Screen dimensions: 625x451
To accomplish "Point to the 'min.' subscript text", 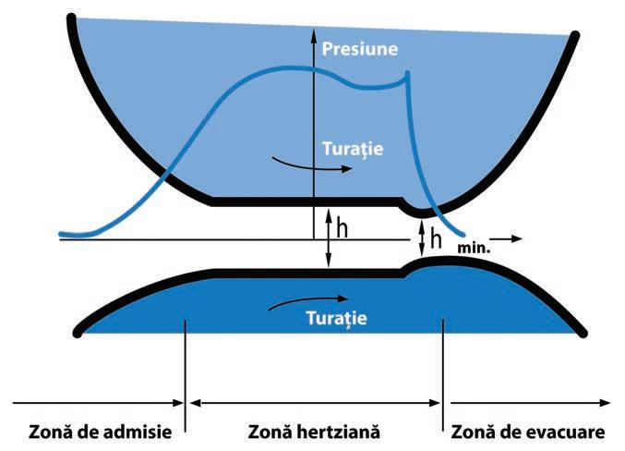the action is [473, 249].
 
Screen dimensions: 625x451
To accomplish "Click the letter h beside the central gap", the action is [342, 228].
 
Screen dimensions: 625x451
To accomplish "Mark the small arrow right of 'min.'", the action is [510, 238].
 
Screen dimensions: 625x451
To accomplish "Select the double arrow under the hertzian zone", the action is [315, 404].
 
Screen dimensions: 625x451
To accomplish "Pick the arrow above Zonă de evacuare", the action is [530, 404].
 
